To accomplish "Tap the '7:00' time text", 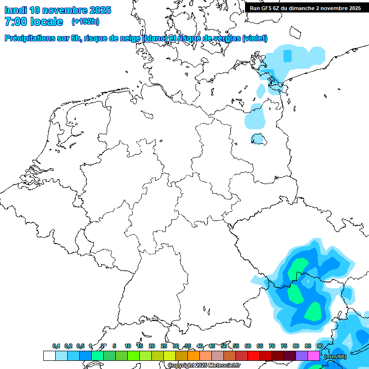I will pos(15,22).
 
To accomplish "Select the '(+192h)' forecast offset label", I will pos(86,22).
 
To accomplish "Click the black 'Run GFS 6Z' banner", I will pos(306,8).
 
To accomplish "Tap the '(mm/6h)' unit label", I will pos(335,356).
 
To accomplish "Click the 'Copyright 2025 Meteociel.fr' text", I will pos(204,365).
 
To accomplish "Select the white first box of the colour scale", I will pos(49,356).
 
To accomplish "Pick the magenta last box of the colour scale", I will pos(314,356).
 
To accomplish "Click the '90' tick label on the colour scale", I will pos(320,346).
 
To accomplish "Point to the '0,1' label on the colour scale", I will pos(56,346).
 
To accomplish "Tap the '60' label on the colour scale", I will pos(248,346).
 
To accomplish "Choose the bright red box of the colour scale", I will pos(254,356).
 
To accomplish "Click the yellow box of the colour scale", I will pos(170,356).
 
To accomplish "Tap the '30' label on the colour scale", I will pos(176,346).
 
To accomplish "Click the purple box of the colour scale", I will pos(302,356).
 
